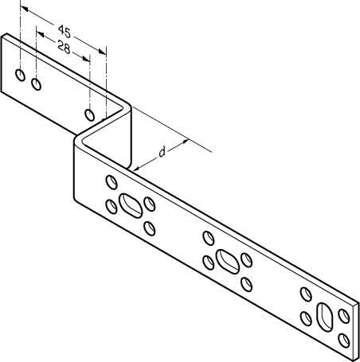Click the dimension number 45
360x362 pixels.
[65, 31]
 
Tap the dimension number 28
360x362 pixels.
[64, 47]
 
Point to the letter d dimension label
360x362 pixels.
[162, 152]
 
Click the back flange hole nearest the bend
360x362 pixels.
[90, 115]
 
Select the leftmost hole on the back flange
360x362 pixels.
[20, 75]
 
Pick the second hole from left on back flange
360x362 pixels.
[36, 84]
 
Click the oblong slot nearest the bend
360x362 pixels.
[131, 206]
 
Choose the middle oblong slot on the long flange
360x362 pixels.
[228, 262]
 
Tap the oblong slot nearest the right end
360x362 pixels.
[325, 317]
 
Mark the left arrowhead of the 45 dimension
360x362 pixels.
[24, 9]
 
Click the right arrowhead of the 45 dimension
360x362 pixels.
[103, 52]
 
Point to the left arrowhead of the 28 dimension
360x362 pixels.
[40, 34]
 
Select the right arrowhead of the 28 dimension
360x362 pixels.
[86, 59]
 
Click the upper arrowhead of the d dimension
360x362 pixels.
[185, 142]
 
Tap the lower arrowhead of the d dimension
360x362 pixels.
[135, 168]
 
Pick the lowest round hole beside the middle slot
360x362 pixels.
[247, 285]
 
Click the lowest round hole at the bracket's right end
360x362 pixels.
[344, 341]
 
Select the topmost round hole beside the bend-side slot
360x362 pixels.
[112, 182]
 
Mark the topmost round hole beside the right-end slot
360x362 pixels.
[306, 294]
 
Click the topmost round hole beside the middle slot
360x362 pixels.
[209, 238]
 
